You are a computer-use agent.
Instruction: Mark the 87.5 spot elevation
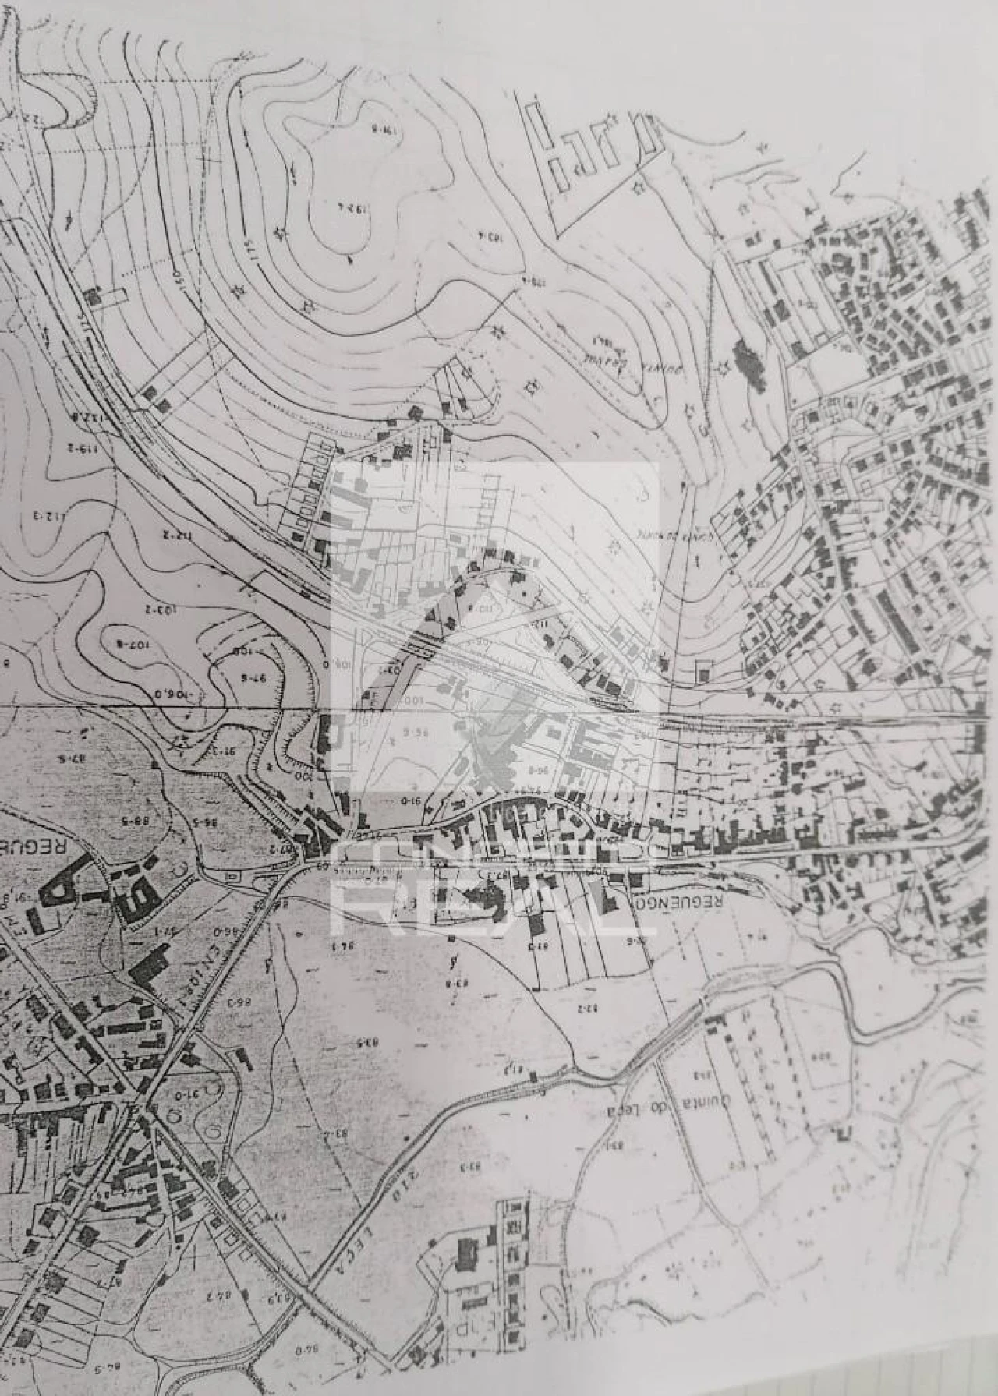[x=72, y=757]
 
